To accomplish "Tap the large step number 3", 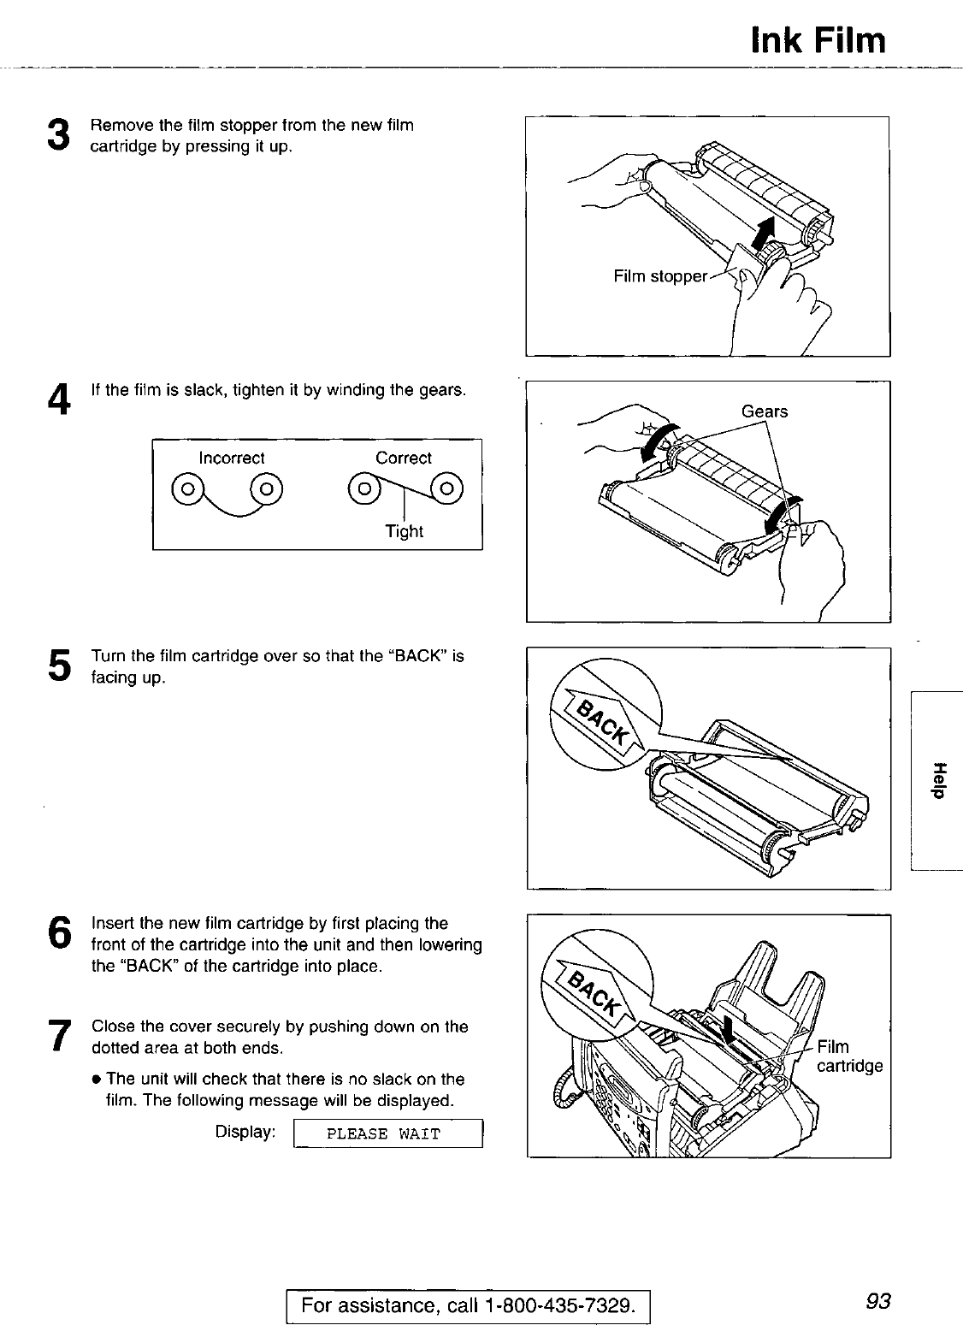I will click(58, 135).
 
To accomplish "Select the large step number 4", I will click(58, 399).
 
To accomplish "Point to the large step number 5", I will click(58, 666).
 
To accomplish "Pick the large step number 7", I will click(58, 1035).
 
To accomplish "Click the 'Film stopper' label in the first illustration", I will click(660, 276).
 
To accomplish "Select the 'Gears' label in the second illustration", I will click(765, 411).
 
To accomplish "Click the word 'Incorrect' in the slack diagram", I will click(232, 459).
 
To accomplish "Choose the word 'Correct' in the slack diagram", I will click(404, 459).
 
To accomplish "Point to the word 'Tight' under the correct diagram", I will click(404, 531).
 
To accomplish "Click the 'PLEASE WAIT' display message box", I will click(389, 1134).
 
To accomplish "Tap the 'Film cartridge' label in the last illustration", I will click(848, 1056).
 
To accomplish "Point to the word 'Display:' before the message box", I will click(245, 1132).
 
